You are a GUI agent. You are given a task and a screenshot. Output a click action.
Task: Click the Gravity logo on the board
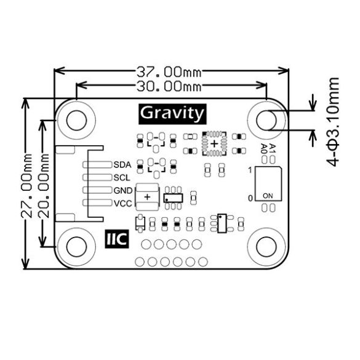[x=172, y=113]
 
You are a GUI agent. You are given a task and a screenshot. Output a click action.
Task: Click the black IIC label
[x=115, y=238]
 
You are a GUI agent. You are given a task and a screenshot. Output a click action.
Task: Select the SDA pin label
[x=122, y=164]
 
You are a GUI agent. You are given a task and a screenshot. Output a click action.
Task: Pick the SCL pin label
[x=122, y=177]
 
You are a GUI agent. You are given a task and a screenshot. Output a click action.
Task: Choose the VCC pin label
[x=122, y=202]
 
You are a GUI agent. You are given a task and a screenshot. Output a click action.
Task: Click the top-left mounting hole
[x=76, y=119]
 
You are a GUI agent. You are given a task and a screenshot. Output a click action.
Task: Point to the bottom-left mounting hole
[x=76, y=246]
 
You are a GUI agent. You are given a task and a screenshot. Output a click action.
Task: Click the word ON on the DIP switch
[x=268, y=195]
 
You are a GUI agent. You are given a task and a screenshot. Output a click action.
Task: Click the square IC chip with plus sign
[x=214, y=143]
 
